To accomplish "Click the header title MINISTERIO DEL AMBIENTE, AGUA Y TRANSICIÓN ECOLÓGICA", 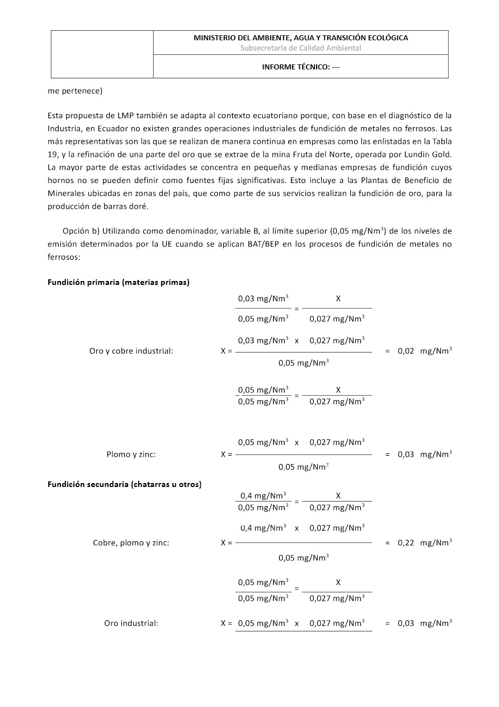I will (300, 38).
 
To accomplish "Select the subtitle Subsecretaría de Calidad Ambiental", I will (300, 48).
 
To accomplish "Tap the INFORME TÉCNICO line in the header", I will (300, 67).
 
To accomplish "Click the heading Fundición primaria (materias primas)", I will (119, 282).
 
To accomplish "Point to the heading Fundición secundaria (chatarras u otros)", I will (124, 484).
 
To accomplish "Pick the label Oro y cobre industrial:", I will (131, 352).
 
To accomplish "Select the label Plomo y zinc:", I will (131, 455).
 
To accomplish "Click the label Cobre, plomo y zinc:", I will (131, 542).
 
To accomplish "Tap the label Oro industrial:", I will (131, 623).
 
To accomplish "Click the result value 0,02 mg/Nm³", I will (425, 351).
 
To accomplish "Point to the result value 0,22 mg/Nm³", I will (425, 542).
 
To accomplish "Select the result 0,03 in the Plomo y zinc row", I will (406, 455).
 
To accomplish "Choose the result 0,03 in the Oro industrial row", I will (406, 623).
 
